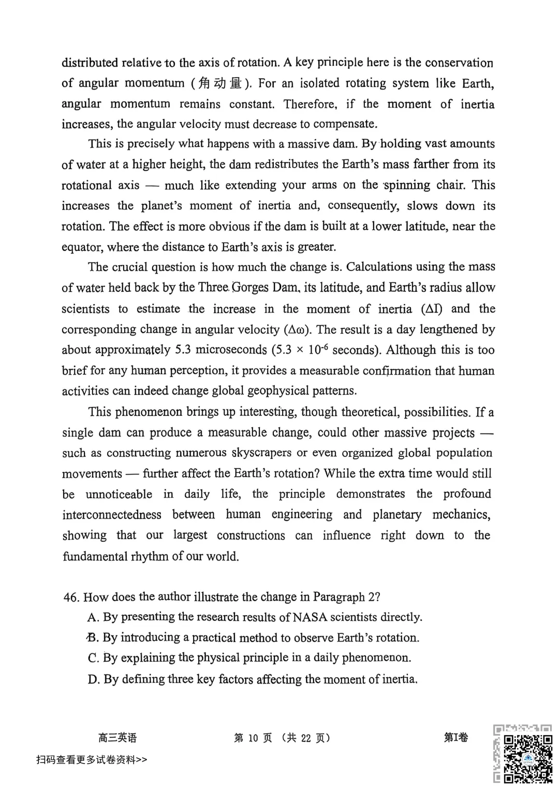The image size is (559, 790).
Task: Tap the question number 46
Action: (x=71, y=598)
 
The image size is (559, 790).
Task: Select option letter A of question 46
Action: (x=93, y=617)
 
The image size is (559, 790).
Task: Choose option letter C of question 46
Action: (x=93, y=658)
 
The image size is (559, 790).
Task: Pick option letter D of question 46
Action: (x=93, y=679)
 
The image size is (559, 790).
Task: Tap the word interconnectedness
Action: (x=112, y=515)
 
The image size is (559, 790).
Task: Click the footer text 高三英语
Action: (x=117, y=738)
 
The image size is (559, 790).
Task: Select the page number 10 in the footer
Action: (x=253, y=738)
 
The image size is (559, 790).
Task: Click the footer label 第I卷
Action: (x=455, y=737)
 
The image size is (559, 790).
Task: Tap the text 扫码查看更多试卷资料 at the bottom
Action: (x=86, y=759)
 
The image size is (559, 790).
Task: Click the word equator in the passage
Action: (x=82, y=247)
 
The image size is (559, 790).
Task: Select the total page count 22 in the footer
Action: (x=306, y=738)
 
